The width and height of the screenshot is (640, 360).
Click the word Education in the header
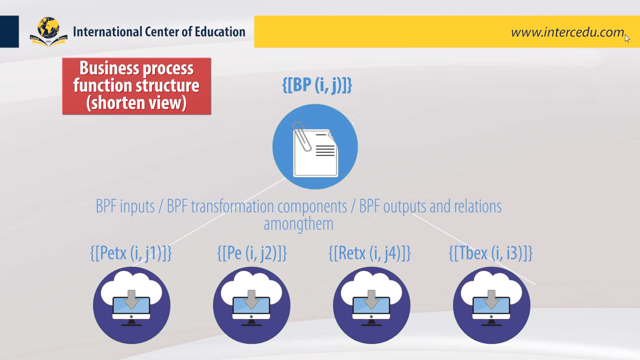[x=220, y=32]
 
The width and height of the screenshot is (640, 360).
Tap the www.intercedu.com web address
[x=567, y=32]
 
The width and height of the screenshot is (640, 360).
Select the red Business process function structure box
[x=137, y=86]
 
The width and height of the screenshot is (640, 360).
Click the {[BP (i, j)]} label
[x=317, y=85]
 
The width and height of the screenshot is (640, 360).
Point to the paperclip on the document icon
[x=302, y=136]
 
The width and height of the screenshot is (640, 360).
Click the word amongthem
[x=298, y=224]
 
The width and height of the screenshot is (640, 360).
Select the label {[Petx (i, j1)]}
[x=131, y=253]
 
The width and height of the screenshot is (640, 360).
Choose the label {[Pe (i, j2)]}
[x=252, y=253]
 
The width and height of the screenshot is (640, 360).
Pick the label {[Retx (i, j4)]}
[x=370, y=253]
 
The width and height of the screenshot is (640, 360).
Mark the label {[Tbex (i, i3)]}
[x=491, y=253]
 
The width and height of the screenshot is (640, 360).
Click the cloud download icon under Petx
[x=132, y=305]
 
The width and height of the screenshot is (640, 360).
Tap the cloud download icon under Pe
[x=252, y=305]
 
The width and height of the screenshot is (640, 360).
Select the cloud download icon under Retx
[x=372, y=305]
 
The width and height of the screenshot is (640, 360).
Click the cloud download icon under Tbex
[x=492, y=305]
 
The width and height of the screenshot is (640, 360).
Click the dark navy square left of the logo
[x=9, y=32]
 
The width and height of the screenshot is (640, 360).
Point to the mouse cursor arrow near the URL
[x=627, y=38]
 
